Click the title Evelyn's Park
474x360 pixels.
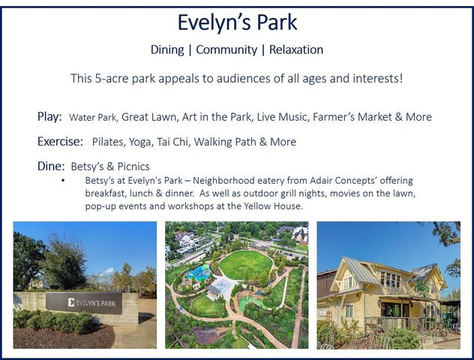coord(236,23)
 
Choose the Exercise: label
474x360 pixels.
coord(60,141)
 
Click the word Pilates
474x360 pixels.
coord(109,142)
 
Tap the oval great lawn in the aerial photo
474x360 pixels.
coord(245,264)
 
